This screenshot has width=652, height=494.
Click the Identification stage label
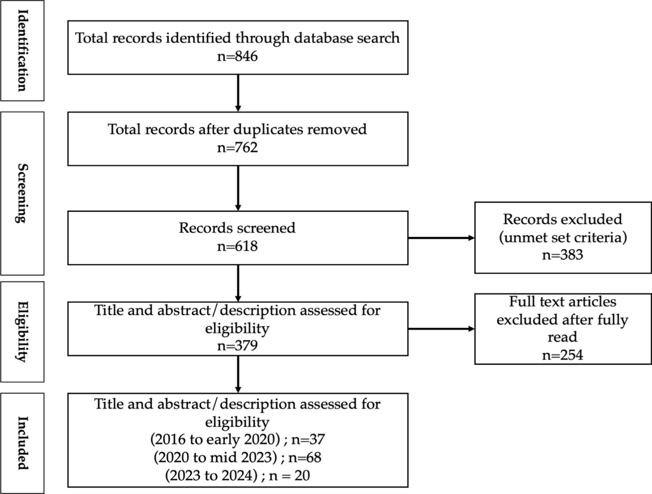(x=22, y=50)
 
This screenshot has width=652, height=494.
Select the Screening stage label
(x=22, y=193)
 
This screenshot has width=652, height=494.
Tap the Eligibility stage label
(x=22, y=331)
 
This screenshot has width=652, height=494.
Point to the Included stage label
(x=22, y=443)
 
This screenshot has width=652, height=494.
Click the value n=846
(x=237, y=56)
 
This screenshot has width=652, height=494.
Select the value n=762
(x=237, y=147)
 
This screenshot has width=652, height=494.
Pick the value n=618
(x=237, y=246)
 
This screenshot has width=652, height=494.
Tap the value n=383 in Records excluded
(x=562, y=255)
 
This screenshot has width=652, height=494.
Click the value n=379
(x=237, y=345)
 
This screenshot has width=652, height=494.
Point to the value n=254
(x=562, y=355)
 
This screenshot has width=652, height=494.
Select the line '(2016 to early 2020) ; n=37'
(x=237, y=439)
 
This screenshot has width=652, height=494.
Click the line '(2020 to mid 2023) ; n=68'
(x=237, y=457)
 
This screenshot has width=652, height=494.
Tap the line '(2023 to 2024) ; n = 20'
(x=237, y=475)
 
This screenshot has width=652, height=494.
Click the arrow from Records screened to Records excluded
(x=441, y=238)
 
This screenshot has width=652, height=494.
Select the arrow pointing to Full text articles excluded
(x=441, y=329)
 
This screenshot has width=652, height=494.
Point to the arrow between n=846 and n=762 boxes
(x=238, y=93)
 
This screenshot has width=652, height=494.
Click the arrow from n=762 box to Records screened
(x=238, y=188)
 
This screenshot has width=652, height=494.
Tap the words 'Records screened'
(x=237, y=228)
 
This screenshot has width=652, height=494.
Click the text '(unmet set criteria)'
(x=562, y=237)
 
